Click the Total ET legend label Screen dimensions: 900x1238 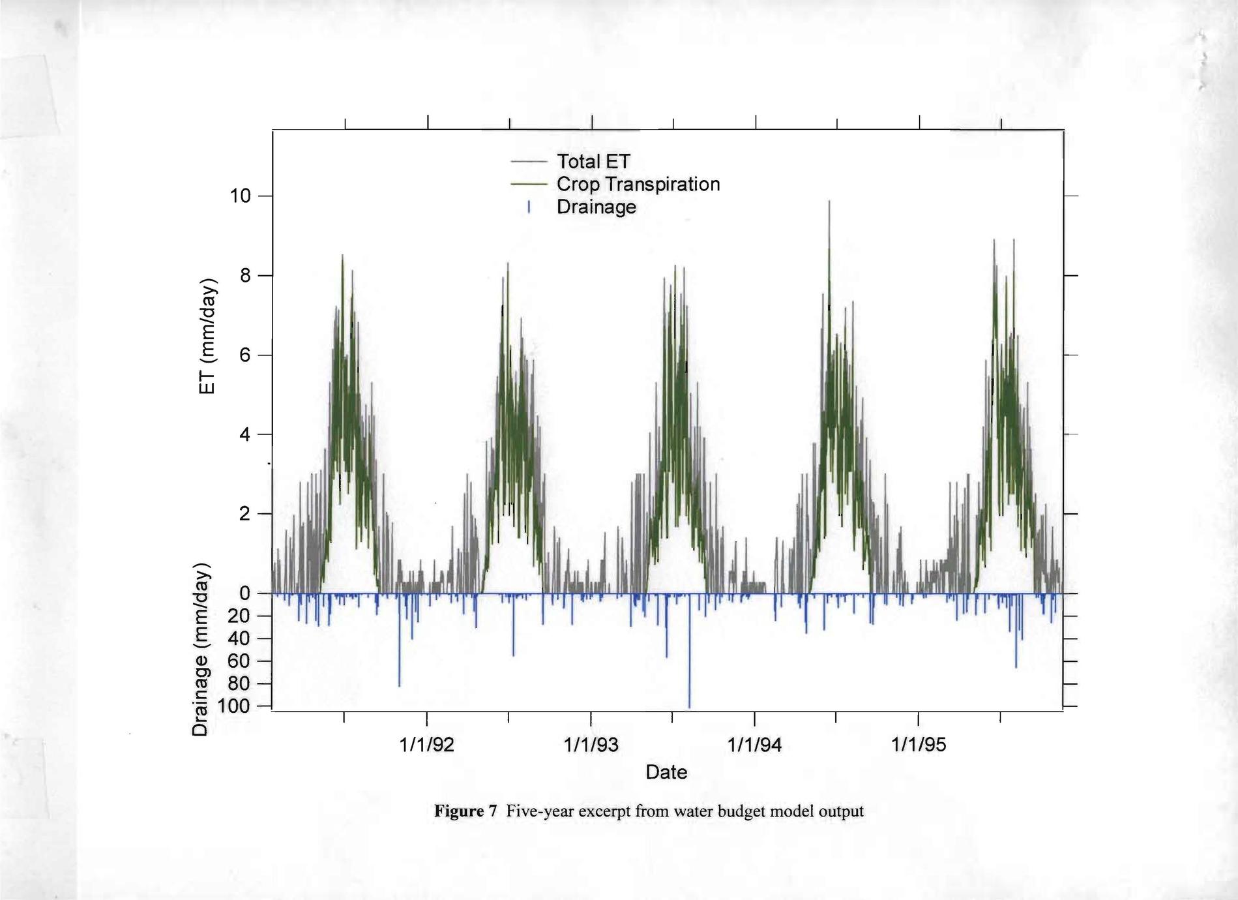[x=593, y=161]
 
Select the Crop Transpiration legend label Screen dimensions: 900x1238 [x=638, y=184]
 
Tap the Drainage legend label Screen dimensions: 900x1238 [x=596, y=207]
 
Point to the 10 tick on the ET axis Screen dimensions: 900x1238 [x=240, y=196]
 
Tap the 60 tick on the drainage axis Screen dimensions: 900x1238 [x=239, y=661]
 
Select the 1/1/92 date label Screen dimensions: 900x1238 [x=426, y=745]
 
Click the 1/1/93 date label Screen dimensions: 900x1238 [x=591, y=745]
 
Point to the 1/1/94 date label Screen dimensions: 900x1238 [x=754, y=745]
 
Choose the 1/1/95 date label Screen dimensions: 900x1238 [x=919, y=745]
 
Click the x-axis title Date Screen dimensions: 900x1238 [x=666, y=772]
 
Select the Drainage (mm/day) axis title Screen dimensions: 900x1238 [x=201, y=648]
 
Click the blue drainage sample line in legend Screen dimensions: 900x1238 [x=529, y=207]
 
